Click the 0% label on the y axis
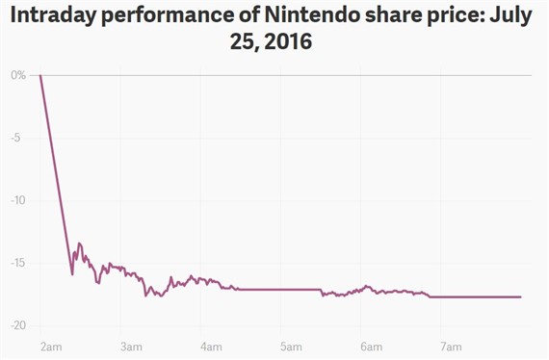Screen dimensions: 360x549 point(19,75)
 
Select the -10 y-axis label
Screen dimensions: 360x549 point(18,200)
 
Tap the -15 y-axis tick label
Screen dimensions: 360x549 point(18,263)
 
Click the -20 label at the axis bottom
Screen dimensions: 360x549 point(18,325)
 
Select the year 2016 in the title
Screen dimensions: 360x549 point(292,44)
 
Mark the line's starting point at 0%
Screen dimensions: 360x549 point(40,75)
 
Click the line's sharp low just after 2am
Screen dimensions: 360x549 point(72,274)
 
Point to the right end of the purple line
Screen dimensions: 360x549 point(521,296)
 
